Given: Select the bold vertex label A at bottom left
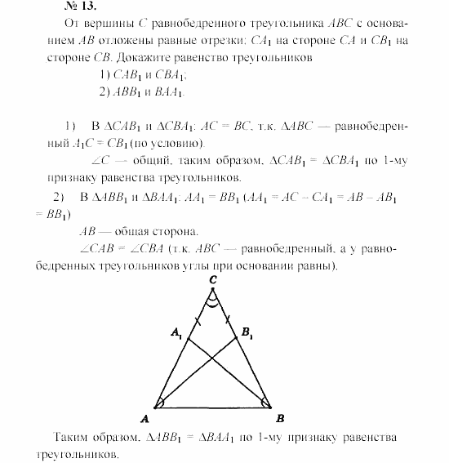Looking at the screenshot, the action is pyautogui.click(x=145, y=419).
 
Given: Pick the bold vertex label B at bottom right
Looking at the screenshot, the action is pyautogui.click(x=280, y=419).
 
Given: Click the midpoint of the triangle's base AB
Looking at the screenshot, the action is pyautogui.click(x=214, y=406).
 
